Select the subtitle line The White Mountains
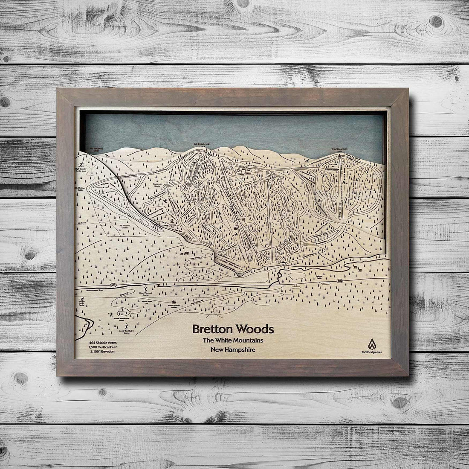click(233, 341)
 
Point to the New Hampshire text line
click(233, 350)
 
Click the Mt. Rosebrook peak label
click(201, 145)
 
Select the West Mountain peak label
click(340, 149)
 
